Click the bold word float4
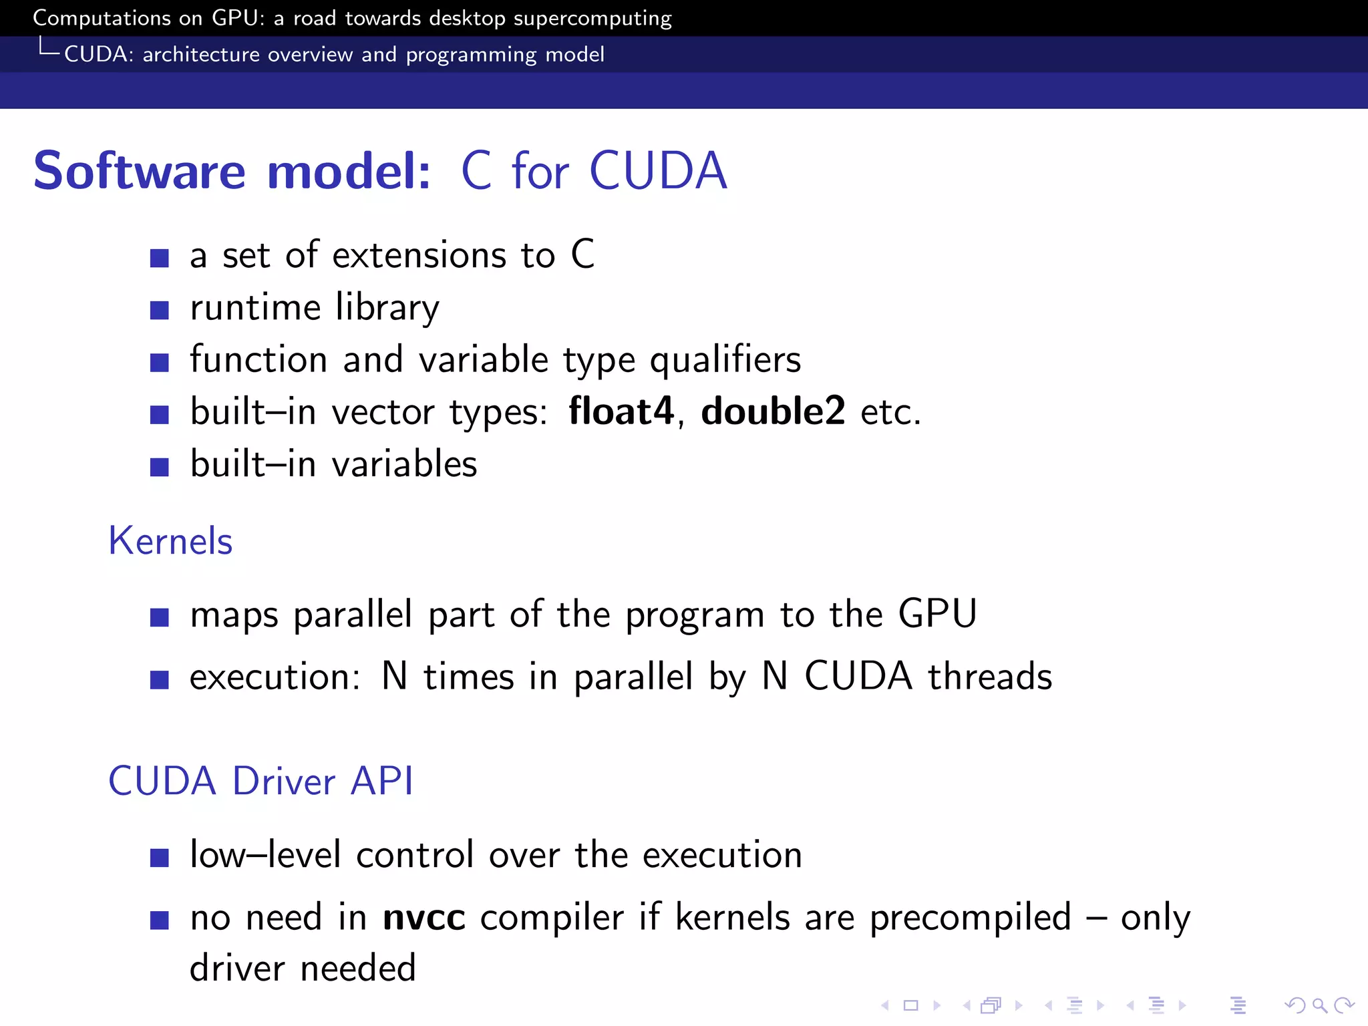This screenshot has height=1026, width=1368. click(x=621, y=411)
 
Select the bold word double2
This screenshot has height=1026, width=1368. click(x=773, y=411)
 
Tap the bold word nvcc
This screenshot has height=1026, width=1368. click(x=423, y=917)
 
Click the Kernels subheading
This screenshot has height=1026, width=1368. click(x=170, y=540)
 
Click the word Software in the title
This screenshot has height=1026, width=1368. click(x=140, y=171)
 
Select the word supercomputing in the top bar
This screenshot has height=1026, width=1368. click(x=592, y=18)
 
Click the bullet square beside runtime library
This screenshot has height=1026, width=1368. click(x=159, y=310)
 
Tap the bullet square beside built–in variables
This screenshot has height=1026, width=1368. click(x=159, y=466)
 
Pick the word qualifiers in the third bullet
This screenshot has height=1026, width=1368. click(x=725, y=360)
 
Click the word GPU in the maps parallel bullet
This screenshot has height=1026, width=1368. click(x=937, y=613)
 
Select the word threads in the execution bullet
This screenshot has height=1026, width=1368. click(x=990, y=676)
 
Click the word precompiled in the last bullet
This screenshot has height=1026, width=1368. click(x=970, y=917)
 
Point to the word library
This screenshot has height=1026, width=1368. click(x=387, y=308)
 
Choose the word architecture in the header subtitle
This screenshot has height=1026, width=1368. click(x=201, y=54)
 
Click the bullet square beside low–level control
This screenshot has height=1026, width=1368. click(x=159, y=857)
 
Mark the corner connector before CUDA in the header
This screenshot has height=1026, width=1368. click(x=49, y=47)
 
